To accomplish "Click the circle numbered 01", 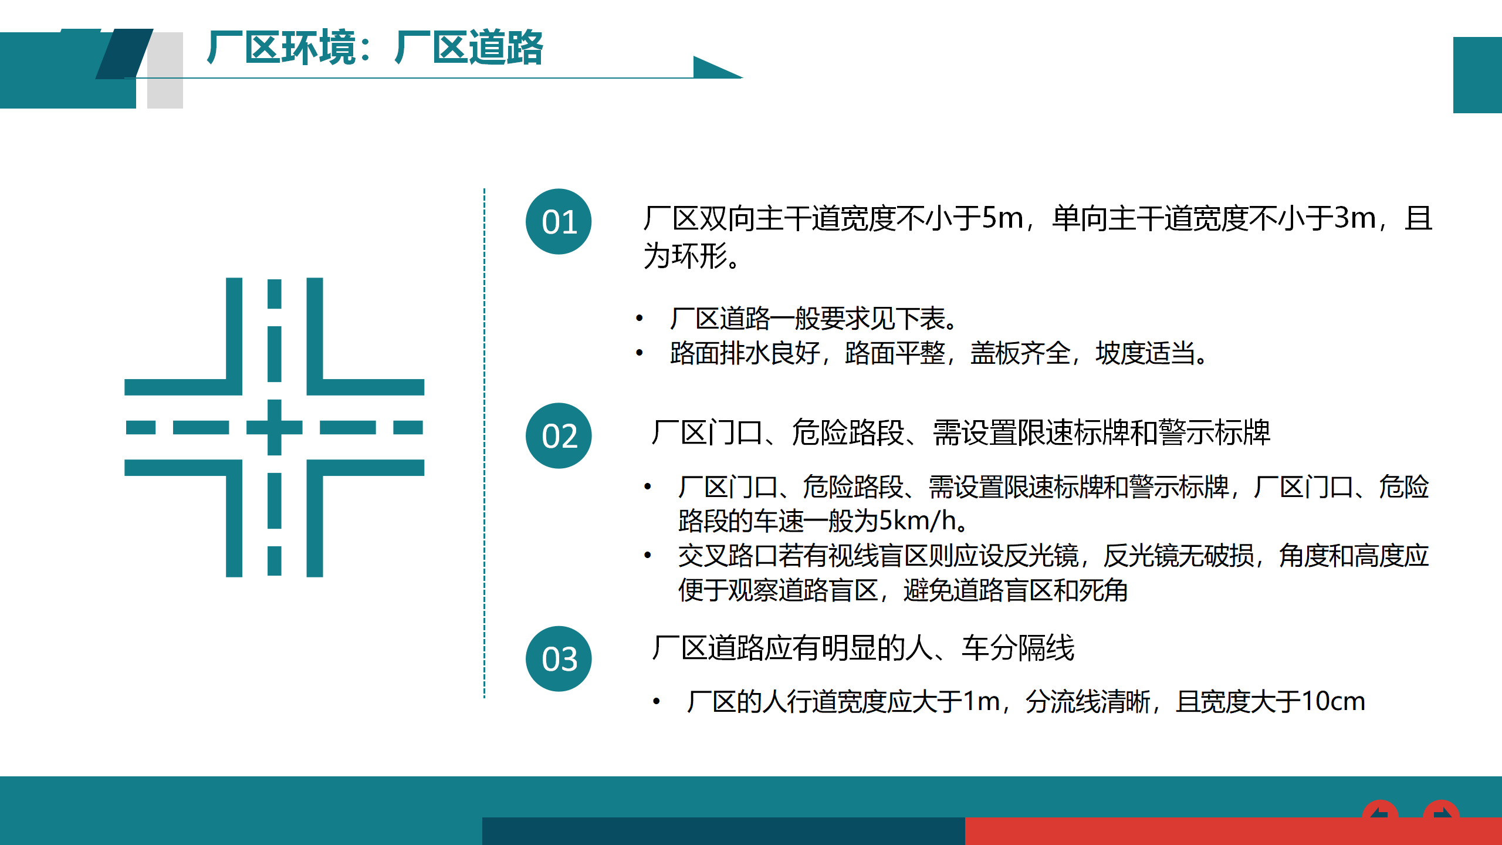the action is pos(559,221).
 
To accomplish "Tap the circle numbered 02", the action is pos(559,435).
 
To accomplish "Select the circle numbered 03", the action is pos(559,658).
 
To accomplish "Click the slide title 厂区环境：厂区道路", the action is pos(375,47).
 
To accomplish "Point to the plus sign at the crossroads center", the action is pos(274,427).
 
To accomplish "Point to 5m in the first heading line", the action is pos(1003,218).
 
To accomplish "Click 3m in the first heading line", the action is pos(1355,218).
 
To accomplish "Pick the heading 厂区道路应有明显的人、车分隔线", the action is pos(863,648).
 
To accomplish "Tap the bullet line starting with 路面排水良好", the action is pos(939,353).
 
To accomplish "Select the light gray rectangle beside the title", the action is pos(165,70).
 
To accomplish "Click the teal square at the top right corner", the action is pos(1477,75).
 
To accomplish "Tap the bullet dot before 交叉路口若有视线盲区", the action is pos(648,555).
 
